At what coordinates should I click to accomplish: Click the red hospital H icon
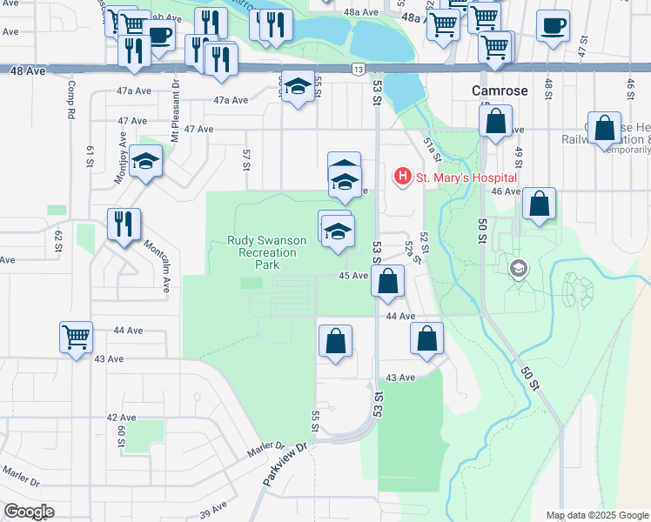[x=403, y=177]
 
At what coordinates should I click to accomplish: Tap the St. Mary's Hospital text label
[x=466, y=177]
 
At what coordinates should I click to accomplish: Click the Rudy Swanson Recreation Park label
[x=262, y=252]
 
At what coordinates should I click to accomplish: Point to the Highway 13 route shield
[x=359, y=69]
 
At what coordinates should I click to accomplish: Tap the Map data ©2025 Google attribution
[x=597, y=515]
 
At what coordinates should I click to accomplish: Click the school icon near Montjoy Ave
[x=145, y=162]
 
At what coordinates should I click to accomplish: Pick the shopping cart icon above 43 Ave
[x=76, y=336]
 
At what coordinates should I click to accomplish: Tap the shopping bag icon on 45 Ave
[x=388, y=281]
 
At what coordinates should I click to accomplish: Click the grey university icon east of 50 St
[x=520, y=268]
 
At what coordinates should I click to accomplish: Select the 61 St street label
[x=90, y=157]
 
